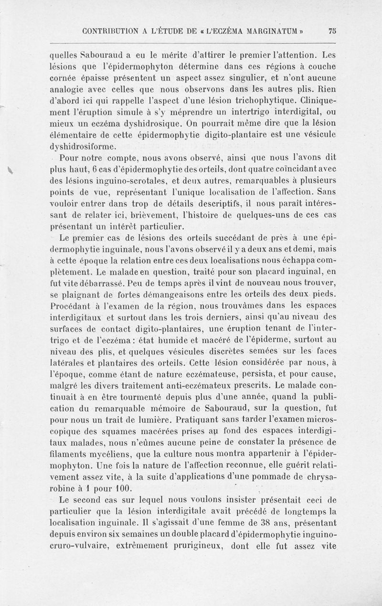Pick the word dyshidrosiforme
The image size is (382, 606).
point(79,147)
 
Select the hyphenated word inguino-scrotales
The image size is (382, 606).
point(137,181)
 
